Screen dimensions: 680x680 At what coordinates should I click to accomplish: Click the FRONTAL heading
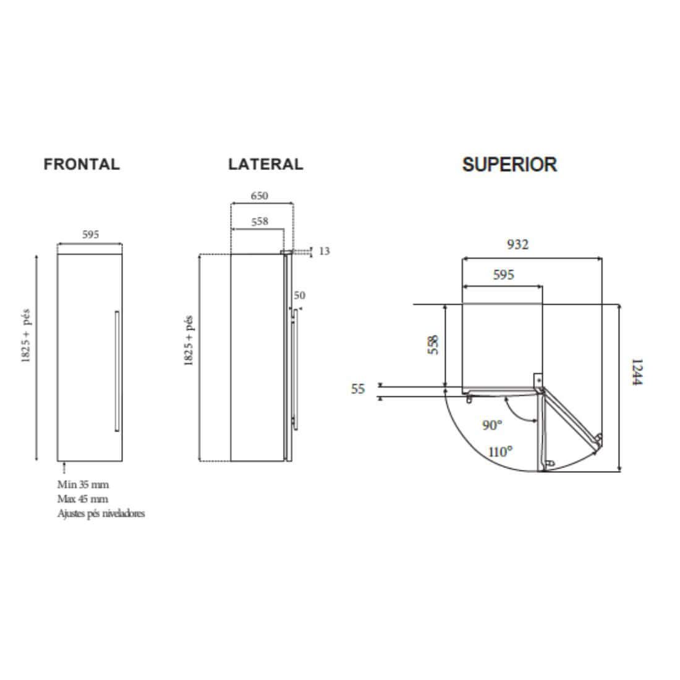tap(82, 164)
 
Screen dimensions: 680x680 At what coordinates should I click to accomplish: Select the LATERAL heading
tap(266, 164)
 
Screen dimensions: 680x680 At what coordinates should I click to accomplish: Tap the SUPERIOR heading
tap(509, 164)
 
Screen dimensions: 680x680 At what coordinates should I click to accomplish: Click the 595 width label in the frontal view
tap(90, 234)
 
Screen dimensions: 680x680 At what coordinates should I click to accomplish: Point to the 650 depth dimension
tap(259, 195)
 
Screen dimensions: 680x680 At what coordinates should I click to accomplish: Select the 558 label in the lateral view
tap(260, 221)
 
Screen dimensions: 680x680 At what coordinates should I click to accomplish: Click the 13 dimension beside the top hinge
tap(325, 251)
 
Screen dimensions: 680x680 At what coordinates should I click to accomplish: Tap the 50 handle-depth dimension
tap(299, 295)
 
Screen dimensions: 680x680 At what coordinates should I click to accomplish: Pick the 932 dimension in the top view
tap(517, 244)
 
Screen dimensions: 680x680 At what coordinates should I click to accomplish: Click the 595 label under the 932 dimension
tap(503, 274)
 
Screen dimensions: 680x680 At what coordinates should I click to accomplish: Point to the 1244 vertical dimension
tap(637, 372)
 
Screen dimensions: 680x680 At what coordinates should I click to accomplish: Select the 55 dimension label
tap(358, 389)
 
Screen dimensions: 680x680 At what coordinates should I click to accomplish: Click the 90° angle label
tap(492, 425)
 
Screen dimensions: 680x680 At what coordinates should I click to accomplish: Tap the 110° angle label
tap(500, 451)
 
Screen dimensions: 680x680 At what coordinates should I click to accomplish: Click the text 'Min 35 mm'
tap(82, 485)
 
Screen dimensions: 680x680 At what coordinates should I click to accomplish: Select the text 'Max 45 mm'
tap(82, 499)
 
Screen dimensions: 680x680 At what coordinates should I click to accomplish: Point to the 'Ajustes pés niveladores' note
tap(101, 514)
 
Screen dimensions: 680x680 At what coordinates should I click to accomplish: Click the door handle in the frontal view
tap(116, 371)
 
